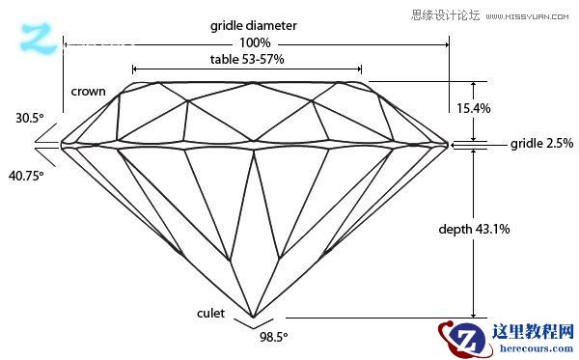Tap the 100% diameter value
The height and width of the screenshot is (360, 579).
click(x=255, y=43)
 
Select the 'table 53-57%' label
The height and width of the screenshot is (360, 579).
click(x=247, y=60)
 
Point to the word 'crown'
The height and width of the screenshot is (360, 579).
click(x=88, y=92)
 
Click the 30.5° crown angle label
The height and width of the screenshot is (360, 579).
click(x=29, y=119)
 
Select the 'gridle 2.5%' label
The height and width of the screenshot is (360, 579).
click(x=541, y=144)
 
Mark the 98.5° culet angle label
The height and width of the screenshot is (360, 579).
click(x=274, y=337)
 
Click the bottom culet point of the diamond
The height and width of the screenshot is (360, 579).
click(x=254, y=318)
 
